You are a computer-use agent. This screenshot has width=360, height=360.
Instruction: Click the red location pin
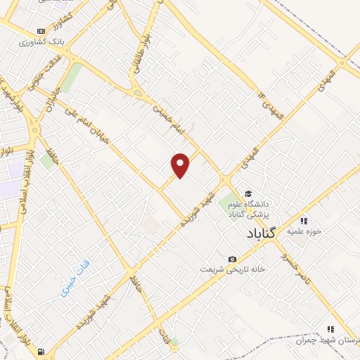coord(181,165)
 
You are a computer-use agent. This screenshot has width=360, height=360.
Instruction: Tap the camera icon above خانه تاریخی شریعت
coord(232,259)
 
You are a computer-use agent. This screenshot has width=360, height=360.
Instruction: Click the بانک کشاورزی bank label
coord(41,42)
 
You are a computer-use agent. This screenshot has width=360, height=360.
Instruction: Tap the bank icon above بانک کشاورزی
coord(41,31)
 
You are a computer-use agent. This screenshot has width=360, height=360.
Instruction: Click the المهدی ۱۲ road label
coord(271,105)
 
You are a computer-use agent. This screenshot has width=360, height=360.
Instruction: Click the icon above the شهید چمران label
coord(330,328)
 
